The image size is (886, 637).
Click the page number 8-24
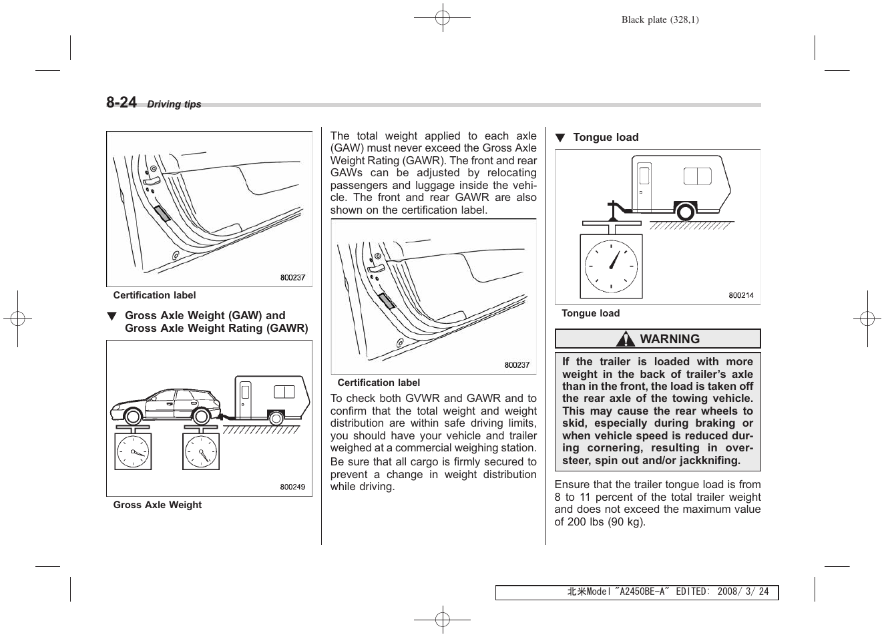pyautogui.click(x=121, y=102)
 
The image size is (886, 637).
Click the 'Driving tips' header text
pyautogui.click(x=174, y=104)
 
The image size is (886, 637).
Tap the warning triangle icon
pyautogui.click(x=626, y=339)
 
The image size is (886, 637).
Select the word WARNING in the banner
pyautogui.click(x=670, y=339)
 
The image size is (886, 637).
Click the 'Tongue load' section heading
pyautogui.click(x=606, y=138)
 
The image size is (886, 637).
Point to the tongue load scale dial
pyautogui.click(x=611, y=266)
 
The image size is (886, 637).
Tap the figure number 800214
pyautogui.click(x=740, y=295)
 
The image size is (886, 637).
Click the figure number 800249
pyautogui.click(x=292, y=487)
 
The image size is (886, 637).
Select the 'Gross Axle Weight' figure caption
pyautogui.click(x=157, y=505)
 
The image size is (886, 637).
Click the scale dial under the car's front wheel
pyautogui.click(x=133, y=452)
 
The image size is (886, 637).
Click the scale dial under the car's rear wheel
pyautogui.click(x=201, y=452)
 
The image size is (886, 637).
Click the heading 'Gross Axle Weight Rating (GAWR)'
pyautogui.click(x=216, y=328)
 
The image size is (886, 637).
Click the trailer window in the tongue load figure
pyautogui.click(x=697, y=176)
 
